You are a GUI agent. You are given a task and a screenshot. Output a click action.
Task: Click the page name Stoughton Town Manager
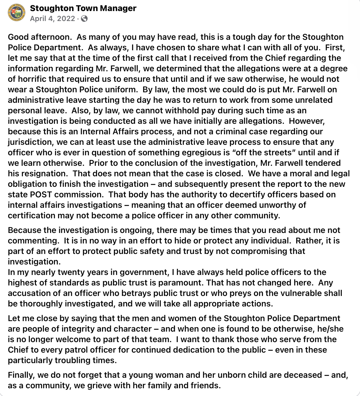pos(83,8)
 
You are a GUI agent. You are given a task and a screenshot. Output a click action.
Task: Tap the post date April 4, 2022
pos(52,19)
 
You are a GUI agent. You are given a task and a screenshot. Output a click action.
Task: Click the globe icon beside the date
pos(85,19)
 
